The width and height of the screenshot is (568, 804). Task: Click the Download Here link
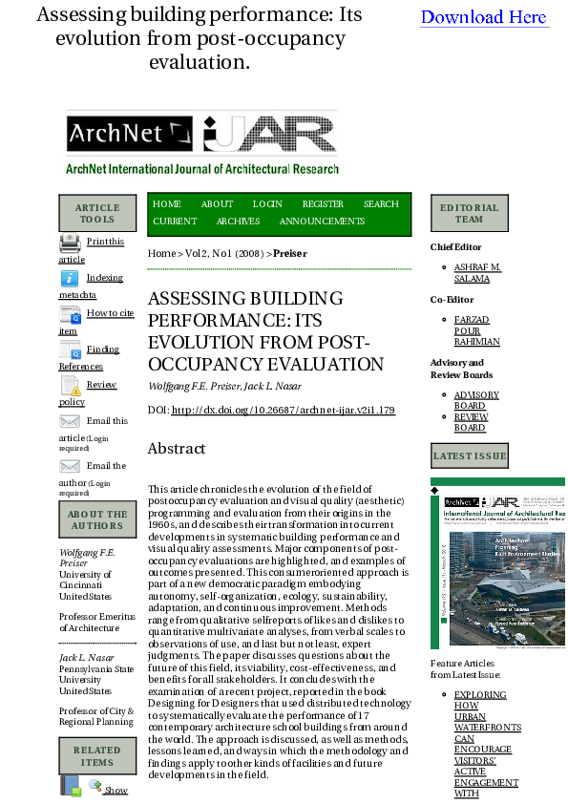484,17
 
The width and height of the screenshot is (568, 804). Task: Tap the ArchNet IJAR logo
201,142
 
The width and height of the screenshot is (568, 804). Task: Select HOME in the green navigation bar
167,204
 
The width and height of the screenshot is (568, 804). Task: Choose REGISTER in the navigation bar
323,204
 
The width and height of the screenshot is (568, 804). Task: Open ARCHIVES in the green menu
238,222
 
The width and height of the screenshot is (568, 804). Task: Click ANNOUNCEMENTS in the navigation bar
322,222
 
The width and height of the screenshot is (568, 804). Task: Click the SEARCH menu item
381,204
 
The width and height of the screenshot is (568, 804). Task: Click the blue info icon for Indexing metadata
70,279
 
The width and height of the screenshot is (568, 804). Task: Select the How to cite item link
110,313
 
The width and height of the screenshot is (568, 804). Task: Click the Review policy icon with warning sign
71,386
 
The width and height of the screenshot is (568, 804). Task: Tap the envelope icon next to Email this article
70,421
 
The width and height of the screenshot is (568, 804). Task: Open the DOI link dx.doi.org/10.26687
283,411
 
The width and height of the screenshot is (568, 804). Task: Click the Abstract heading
177,449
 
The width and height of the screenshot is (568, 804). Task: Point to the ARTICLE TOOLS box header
97,214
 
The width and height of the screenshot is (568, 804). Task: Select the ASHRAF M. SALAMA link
477,273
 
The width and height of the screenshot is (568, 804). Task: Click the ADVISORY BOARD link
476,400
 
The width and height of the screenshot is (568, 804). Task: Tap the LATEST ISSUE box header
470,456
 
